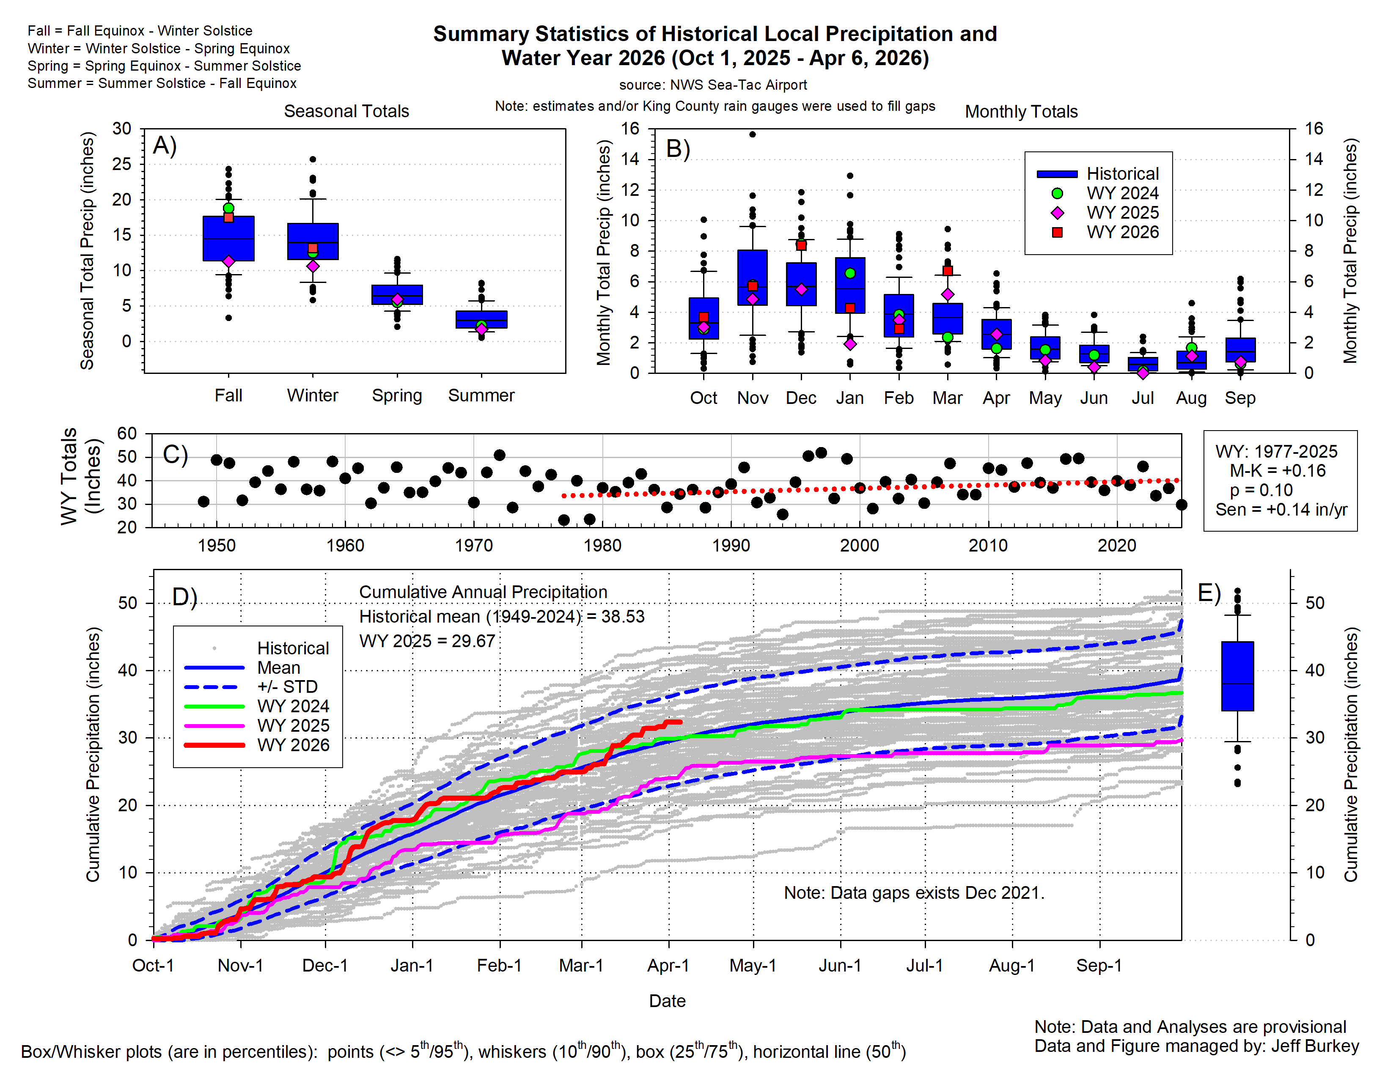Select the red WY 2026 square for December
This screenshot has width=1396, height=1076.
[801, 245]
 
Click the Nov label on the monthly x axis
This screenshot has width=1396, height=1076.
[752, 398]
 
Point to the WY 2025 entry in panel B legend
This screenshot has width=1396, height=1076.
[1122, 213]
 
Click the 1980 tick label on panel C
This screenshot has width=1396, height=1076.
[602, 546]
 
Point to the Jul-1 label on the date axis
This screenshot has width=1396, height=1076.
[924, 966]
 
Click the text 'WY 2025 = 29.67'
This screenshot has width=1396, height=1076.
[427, 641]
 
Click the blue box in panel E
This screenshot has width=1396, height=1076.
[1237, 676]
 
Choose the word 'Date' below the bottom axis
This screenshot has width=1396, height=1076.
[667, 1001]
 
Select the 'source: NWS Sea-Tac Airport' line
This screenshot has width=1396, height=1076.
[713, 85]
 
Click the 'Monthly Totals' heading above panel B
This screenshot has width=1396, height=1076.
[1021, 112]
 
